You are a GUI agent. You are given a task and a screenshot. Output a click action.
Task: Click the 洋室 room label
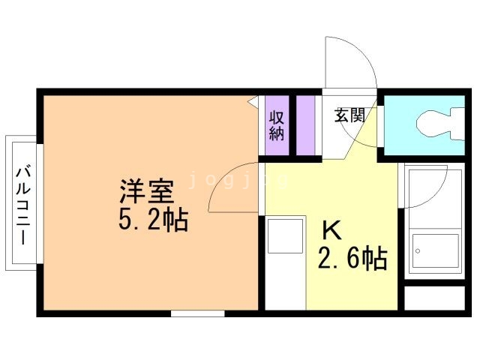pyautogui.click(x=147, y=191)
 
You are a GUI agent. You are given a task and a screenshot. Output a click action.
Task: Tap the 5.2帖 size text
pyautogui.click(x=153, y=220)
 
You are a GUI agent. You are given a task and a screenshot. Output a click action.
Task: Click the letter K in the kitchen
pyautogui.click(x=332, y=231)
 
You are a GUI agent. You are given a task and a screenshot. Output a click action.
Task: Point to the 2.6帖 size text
pyautogui.click(x=352, y=258)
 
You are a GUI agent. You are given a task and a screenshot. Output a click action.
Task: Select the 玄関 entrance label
pyautogui.click(x=349, y=115)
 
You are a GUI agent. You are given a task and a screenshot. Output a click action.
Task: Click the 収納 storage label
pyautogui.click(x=277, y=126)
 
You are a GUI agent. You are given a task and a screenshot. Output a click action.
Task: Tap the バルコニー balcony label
pyautogui.click(x=23, y=205)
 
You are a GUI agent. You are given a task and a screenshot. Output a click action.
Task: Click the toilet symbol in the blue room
pyautogui.click(x=440, y=123)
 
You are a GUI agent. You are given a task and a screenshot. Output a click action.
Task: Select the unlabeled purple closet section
pyautogui.click(x=305, y=125)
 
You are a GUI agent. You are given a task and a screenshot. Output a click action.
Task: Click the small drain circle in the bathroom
pyautogui.click(x=418, y=251)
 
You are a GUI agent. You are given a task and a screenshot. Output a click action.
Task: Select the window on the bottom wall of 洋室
pyautogui.click(x=198, y=313)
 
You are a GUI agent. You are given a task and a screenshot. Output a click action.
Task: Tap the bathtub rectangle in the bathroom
pyautogui.click(x=435, y=250)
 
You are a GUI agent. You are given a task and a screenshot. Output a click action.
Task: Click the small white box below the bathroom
pyautogui.click(x=435, y=298)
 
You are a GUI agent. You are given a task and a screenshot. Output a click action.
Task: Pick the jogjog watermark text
pyautogui.click(x=238, y=180)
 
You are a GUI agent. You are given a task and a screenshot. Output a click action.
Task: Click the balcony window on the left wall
pyautogui.click(x=40, y=203)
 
